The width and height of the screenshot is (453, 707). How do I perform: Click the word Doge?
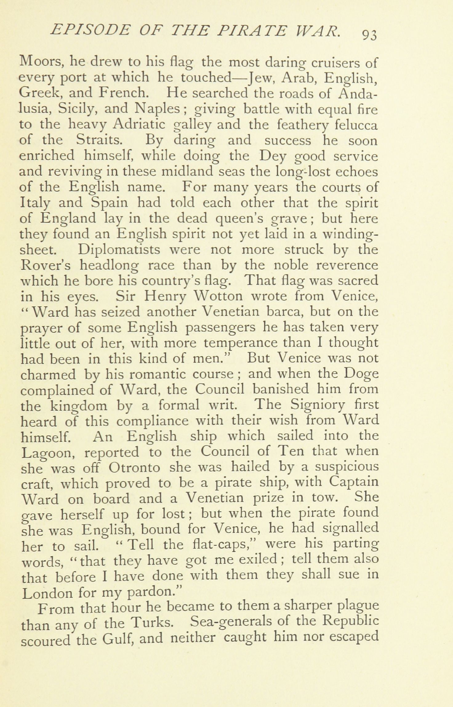point(361,374)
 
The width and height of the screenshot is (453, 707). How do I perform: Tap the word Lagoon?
point(48,452)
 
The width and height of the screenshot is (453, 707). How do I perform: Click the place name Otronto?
point(134,468)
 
